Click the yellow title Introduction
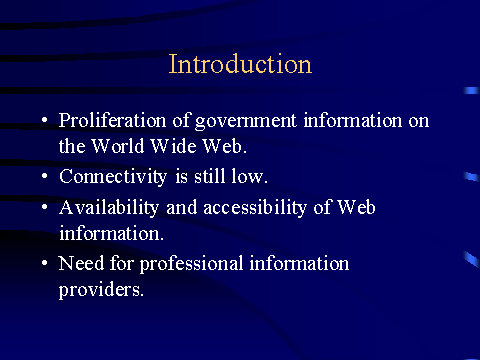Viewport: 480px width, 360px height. click(240, 64)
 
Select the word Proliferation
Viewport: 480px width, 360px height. click(112, 120)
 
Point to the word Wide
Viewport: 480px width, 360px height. click(173, 146)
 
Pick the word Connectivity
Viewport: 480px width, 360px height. click(113, 177)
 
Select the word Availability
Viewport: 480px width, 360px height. click(109, 208)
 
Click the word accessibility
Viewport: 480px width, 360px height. click(255, 208)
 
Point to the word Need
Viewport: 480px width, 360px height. click(81, 263)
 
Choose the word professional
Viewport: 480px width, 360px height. click(191, 264)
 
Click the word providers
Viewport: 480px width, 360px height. click(101, 290)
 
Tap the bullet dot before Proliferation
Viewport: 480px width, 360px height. click(45, 119)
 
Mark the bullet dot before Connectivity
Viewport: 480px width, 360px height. click(45, 175)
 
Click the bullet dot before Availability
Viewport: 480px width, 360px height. click(45, 207)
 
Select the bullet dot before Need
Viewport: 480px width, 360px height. click(45, 263)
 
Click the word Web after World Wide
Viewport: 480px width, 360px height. click(224, 146)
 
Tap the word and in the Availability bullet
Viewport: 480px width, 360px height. click(182, 207)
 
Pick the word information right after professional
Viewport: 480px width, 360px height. click(299, 263)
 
